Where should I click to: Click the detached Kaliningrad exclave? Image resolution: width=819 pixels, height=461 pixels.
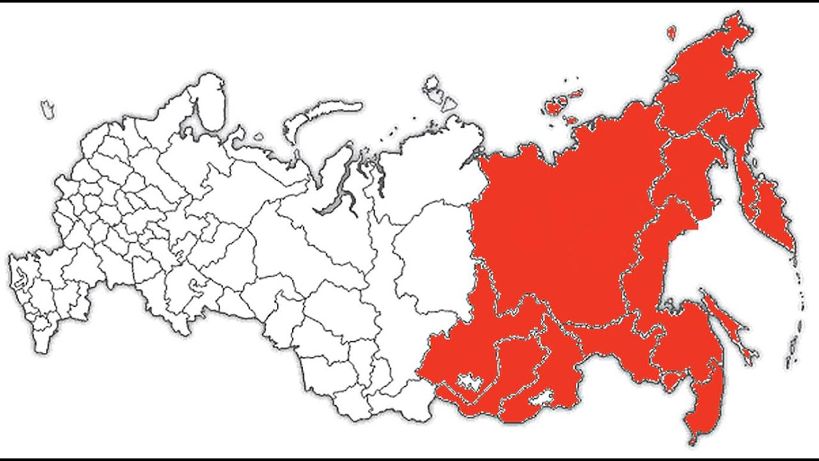(x=47, y=109)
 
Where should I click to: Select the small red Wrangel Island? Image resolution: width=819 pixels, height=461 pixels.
(x=671, y=32)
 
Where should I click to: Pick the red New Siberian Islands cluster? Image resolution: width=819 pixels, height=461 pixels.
(x=563, y=102)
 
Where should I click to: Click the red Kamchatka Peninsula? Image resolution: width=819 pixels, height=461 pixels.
(x=765, y=205)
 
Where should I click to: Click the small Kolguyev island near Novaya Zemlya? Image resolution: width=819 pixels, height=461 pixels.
(x=258, y=136)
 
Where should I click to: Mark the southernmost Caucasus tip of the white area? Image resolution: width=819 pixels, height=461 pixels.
(x=41, y=349)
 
